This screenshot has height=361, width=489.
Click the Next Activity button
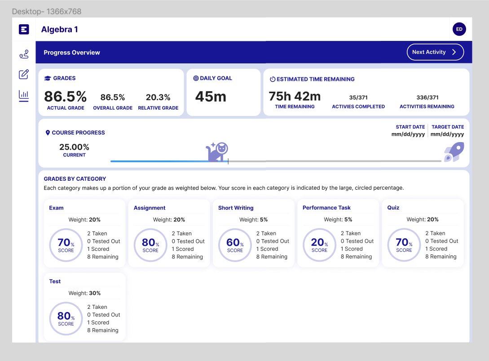click(x=435, y=52)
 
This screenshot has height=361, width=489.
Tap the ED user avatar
click(x=459, y=29)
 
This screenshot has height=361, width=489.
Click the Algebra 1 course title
click(x=60, y=30)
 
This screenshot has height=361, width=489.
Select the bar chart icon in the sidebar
click(x=24, y=95)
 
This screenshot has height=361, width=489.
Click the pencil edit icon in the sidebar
click(x=24, y=75)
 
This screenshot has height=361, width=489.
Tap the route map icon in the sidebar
click(x=24, y=55)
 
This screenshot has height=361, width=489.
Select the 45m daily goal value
click(x=211, y=96)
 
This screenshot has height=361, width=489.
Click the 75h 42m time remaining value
click(x=295, y=96)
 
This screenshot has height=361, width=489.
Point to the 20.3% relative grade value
click(x=158, y=97)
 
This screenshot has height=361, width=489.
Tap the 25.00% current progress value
click(x=74, y=147)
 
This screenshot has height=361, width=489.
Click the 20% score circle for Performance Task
click(x=319, y=245)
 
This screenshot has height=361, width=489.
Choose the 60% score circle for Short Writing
click(x=235, y=245)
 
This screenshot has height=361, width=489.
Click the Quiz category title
click(x=393, y=208)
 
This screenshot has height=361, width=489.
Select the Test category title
click(x=55, y=281)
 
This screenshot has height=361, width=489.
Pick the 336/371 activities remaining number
click(x=427, y=98)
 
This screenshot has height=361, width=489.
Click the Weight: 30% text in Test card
click(x=84, y=293)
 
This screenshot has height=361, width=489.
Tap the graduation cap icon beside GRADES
click(x=48, y=78)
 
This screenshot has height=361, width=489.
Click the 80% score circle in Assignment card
click(x=150, y=245)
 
